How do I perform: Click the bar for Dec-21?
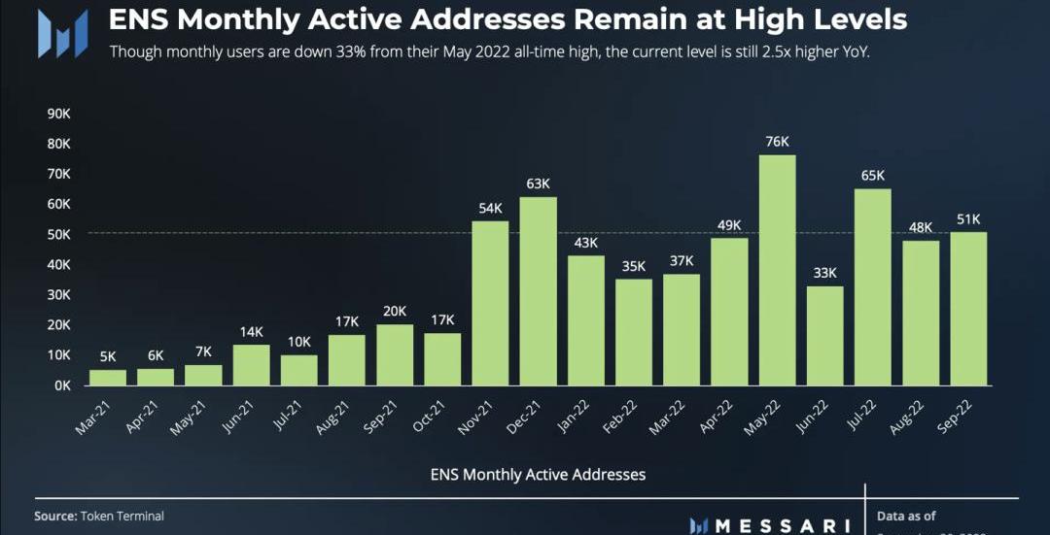pos(539,290)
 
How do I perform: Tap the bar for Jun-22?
pos(824,335)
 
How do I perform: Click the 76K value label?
pos(777,142)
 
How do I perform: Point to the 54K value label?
pos(490,208)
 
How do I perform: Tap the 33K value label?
pos(824,273)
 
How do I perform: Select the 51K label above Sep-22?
pos(968,218)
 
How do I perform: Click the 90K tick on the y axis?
pos(58,114)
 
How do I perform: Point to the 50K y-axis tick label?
pos(58,234)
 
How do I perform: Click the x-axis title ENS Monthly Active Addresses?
pos(538,475)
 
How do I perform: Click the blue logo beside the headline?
pos(62,33)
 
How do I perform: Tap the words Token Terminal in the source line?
pos(122,517)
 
